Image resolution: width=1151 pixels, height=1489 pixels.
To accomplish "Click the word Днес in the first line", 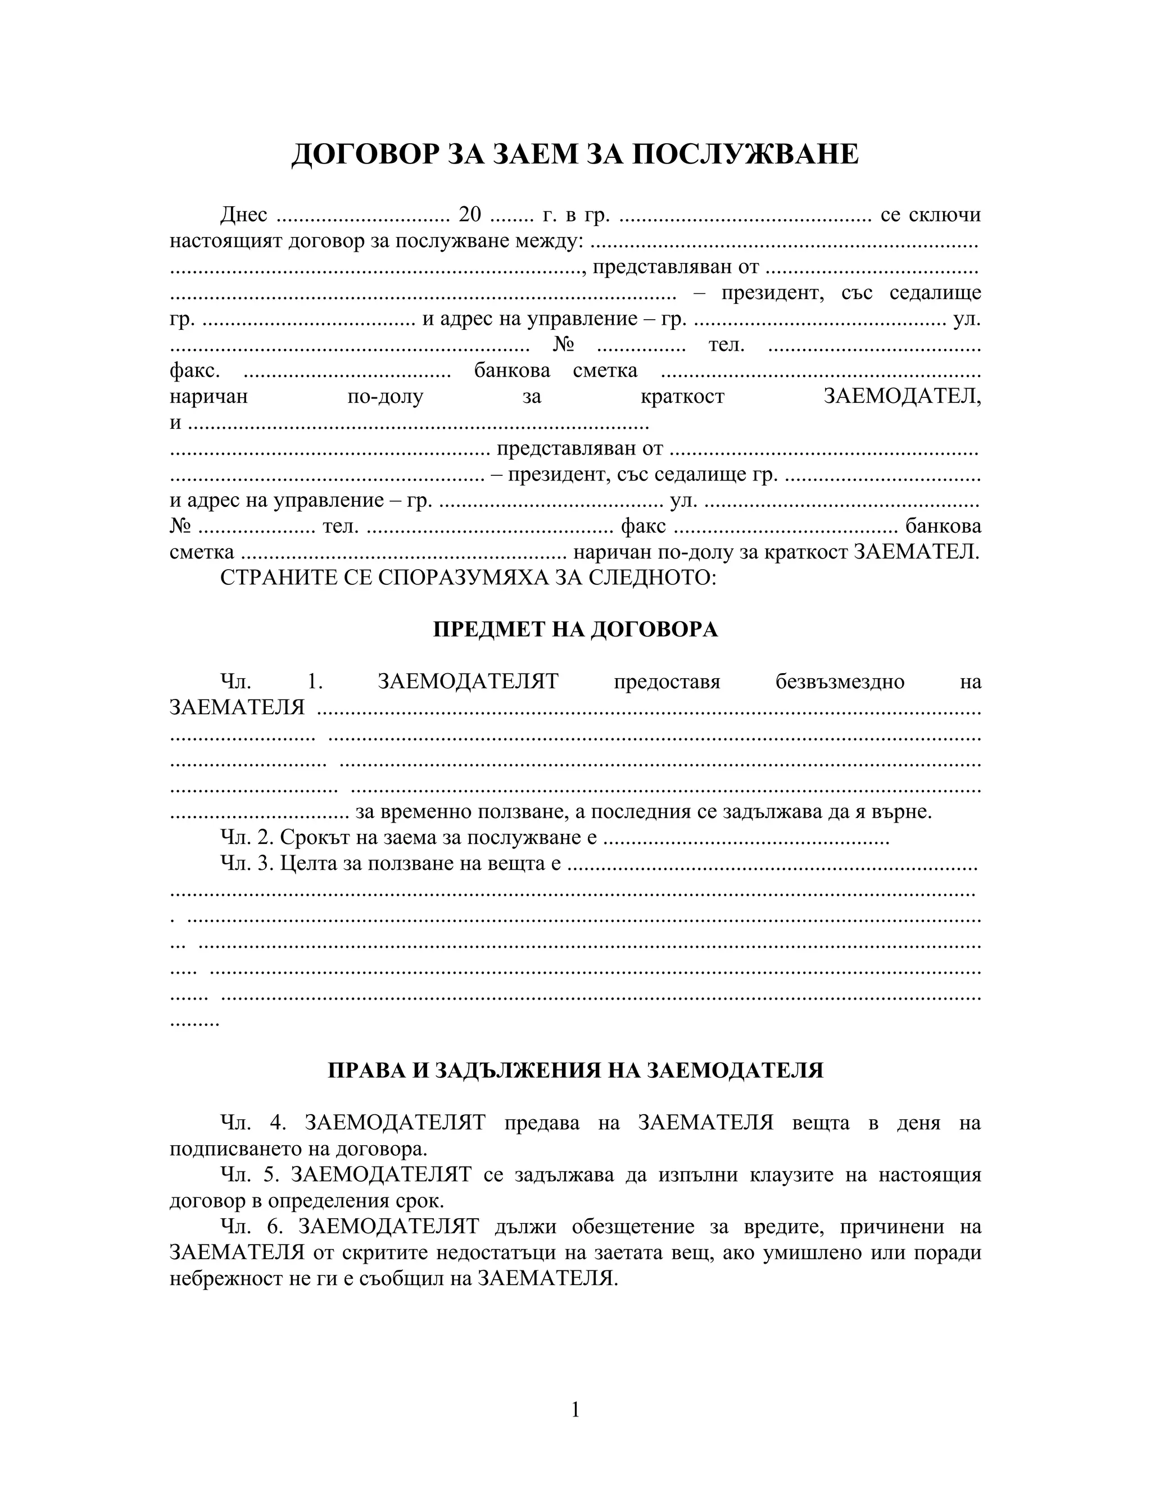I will click(243, 215).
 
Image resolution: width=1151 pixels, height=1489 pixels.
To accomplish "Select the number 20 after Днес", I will click(470, 215).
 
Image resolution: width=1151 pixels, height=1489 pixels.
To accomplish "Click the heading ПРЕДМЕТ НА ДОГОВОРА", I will click(575, 629).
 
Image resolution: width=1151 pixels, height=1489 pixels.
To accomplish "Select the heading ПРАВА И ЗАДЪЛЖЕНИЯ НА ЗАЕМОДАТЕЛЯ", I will click(575, 1070).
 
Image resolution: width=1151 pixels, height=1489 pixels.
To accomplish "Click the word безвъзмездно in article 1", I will click(840, 682).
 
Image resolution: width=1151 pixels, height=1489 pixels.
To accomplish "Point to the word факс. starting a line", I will click(194, 371).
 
